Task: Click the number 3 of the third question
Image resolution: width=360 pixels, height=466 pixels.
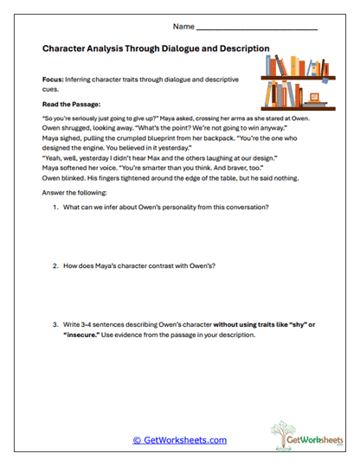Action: click(55, 323)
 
